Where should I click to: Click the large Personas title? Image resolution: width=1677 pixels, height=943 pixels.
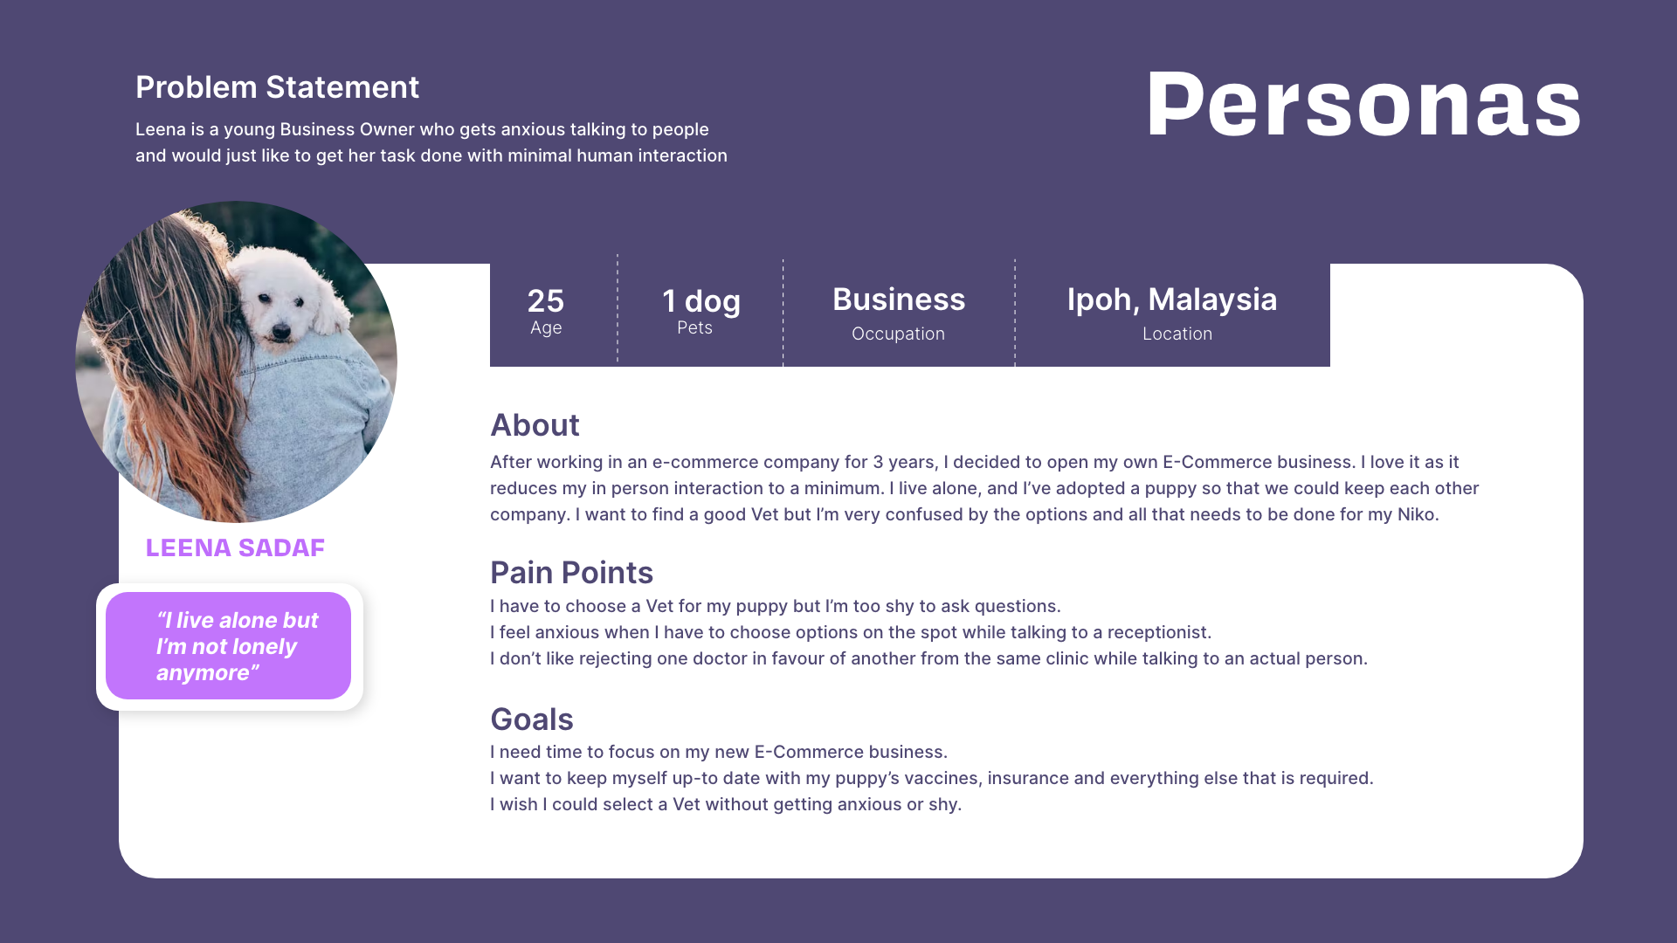point(1363,105)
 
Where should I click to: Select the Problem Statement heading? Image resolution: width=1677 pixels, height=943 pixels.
point(277,87)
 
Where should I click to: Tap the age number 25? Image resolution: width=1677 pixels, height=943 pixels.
point(546,301)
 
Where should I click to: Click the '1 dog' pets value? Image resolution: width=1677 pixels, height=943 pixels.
point(701,301)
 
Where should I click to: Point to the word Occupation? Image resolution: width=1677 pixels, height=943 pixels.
point(898,334)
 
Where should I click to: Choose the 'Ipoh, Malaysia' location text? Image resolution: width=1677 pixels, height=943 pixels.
point(1172,299)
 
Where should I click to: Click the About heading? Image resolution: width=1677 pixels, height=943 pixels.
point(535,425)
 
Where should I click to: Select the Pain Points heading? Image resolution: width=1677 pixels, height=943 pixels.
point(571,573)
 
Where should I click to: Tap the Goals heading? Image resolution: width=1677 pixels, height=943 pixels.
point(531,719)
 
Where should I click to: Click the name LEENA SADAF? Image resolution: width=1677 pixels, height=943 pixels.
point(235,547)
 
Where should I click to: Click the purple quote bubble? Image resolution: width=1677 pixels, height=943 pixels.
point(228,646)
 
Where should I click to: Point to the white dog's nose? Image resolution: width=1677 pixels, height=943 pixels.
point(280,330)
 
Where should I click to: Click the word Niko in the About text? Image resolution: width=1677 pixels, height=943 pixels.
point(1416,514)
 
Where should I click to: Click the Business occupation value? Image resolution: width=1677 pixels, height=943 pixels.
point(899,299)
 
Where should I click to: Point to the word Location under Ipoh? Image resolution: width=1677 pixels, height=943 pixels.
point(1177,334)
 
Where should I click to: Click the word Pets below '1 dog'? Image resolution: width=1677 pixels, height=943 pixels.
point(694,327)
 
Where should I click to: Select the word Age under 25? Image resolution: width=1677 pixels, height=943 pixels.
point(546,328)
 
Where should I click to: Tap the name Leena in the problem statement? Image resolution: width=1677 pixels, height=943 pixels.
point(161,129)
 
